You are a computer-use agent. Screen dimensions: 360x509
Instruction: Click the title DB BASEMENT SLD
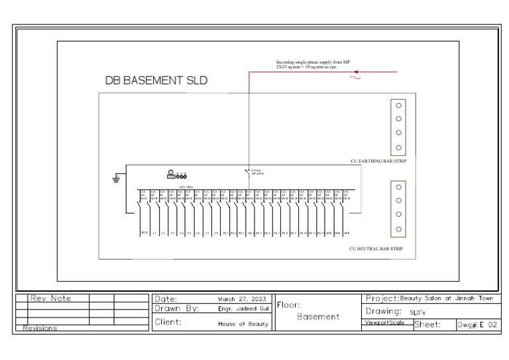[x=156, y=81]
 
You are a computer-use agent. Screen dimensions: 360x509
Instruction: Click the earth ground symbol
[x=117, y=179]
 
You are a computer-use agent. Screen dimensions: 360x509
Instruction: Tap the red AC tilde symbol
[x=355, y=78]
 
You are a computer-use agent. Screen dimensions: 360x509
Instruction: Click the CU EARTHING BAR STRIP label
[x=378, y=161]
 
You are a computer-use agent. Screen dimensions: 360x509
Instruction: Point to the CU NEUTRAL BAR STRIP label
[x=376, y=249]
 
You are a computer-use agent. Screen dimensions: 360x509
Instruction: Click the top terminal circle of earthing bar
[x=399, y=105]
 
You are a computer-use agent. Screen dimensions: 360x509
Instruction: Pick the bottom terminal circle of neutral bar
[x=399, y=229]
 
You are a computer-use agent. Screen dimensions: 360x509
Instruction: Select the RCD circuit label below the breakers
[x=144, y=234]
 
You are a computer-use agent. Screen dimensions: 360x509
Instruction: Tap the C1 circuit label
[x=154, y=234]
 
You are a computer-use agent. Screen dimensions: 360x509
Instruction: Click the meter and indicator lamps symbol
[x=177, y=174]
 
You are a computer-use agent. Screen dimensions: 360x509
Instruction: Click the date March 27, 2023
[x=242, y=299]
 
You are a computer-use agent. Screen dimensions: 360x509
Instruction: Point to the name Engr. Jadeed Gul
[x=243, y=309]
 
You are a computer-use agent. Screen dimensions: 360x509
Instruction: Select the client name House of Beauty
[x=243, y=324]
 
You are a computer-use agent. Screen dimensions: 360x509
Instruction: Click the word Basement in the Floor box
[x=318, y=317]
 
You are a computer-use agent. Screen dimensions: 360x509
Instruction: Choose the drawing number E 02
[x=484, y=324]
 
